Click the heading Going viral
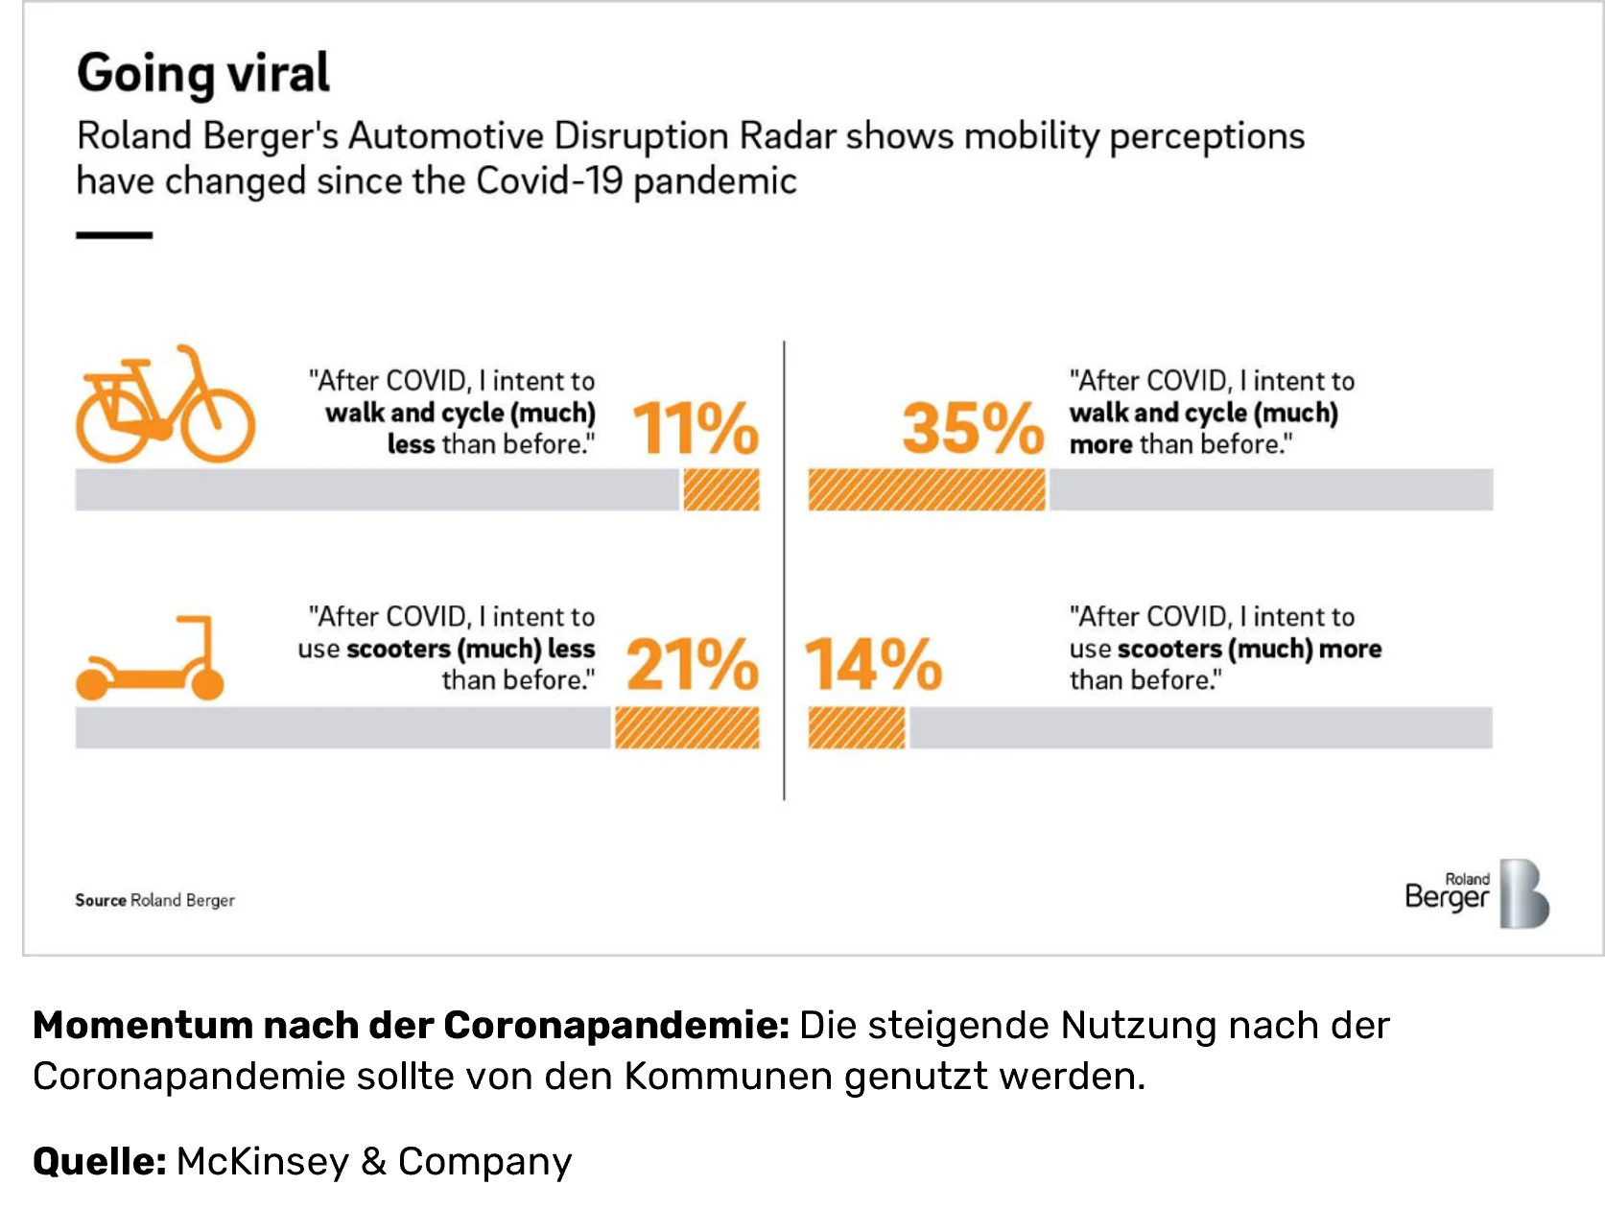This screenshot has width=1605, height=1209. click(202, 73)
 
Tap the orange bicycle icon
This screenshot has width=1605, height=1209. click(165, 405)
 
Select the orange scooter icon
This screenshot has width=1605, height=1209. click(150, 659)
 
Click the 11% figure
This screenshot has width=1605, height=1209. click(695, 428)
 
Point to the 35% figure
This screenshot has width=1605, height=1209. click(972, 428)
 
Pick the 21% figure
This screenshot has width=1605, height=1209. click(692, 664)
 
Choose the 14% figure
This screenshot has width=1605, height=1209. click(873, 664)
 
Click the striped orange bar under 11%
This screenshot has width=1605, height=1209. click(721, 489)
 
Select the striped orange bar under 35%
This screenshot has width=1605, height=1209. click(926, 489)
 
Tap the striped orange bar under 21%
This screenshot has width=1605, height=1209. click(687, 727)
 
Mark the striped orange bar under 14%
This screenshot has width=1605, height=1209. click(856, 727)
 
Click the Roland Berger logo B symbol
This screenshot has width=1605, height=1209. click(1524, 893)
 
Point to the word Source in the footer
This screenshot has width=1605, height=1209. click(101, 900)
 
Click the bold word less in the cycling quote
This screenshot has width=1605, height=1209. click(411, 444)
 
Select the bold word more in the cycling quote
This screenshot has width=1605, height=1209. click(1100, 444)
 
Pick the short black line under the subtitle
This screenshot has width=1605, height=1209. click(114, 234)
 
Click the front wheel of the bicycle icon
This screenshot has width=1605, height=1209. click(219, 422)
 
